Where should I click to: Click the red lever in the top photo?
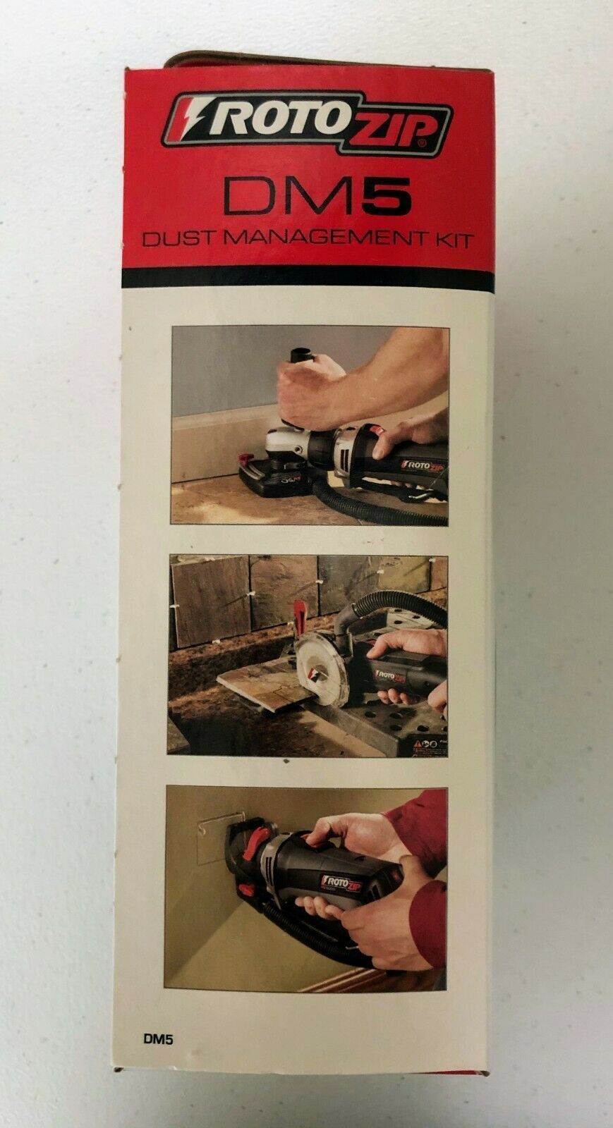point(248,459)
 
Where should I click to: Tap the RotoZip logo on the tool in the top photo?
point(424,465)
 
